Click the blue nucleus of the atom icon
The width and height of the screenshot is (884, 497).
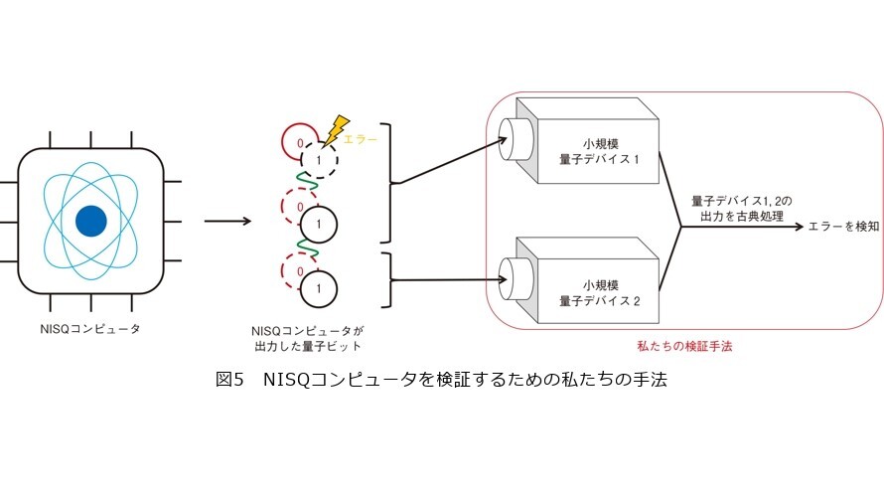point(91,221)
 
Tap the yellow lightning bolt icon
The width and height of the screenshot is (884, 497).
point(336,130)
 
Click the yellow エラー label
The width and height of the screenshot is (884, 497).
point(360,139)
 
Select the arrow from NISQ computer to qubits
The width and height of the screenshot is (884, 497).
point(227,221)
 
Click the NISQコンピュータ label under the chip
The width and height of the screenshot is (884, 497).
point(90,328)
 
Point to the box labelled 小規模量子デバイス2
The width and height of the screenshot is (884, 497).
point(587,281)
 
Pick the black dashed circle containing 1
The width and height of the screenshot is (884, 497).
point(319,160)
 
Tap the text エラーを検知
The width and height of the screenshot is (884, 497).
point(843,227)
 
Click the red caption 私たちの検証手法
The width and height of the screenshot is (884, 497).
point(684,346)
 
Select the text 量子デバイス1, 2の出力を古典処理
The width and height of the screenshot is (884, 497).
point(741,209)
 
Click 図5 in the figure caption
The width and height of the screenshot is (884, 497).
point(229,379)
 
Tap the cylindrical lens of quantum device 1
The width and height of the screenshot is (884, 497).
point(516,139)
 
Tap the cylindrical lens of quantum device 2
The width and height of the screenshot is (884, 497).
point(516,279)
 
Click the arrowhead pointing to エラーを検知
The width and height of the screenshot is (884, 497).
point(799,227)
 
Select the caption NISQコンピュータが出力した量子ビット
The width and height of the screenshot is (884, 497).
point(307,339)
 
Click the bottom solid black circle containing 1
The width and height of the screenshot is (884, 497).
point(319,289)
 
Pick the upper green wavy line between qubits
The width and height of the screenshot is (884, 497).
point(306,182)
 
